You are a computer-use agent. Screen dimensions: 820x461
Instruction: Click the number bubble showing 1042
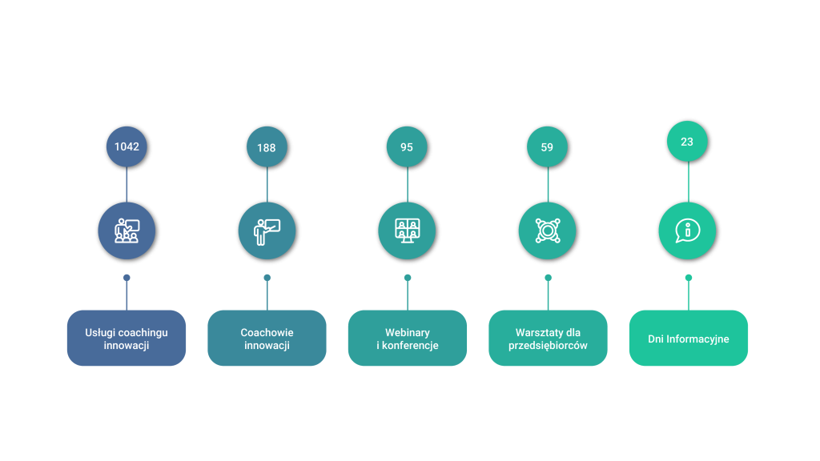127,147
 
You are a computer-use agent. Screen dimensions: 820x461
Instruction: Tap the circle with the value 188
267,147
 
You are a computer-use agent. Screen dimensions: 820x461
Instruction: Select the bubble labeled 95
407,147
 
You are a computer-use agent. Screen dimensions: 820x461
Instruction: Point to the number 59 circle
547,147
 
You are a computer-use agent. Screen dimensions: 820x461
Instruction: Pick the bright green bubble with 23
687,142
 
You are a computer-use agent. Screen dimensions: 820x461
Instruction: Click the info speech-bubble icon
688,230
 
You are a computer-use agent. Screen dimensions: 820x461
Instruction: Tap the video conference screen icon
408,230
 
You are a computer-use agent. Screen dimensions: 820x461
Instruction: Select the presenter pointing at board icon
267,231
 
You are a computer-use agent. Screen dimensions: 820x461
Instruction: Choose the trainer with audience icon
127,230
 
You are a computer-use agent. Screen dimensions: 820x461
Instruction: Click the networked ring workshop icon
548,230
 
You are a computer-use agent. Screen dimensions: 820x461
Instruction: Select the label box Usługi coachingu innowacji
127,339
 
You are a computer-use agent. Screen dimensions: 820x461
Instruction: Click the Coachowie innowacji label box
267,339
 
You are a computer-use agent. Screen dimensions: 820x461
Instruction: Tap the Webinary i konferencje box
408,339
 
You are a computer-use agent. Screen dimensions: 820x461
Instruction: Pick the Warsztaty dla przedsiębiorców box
548,339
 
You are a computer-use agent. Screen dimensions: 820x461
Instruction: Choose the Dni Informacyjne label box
688,339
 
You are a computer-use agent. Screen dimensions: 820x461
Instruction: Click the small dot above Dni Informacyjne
688,278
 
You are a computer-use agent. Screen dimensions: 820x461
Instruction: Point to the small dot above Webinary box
408,278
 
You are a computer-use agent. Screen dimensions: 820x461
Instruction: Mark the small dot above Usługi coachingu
127,278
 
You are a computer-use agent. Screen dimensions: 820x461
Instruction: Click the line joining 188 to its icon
267,185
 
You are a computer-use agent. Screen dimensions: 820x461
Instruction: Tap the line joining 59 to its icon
548,185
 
